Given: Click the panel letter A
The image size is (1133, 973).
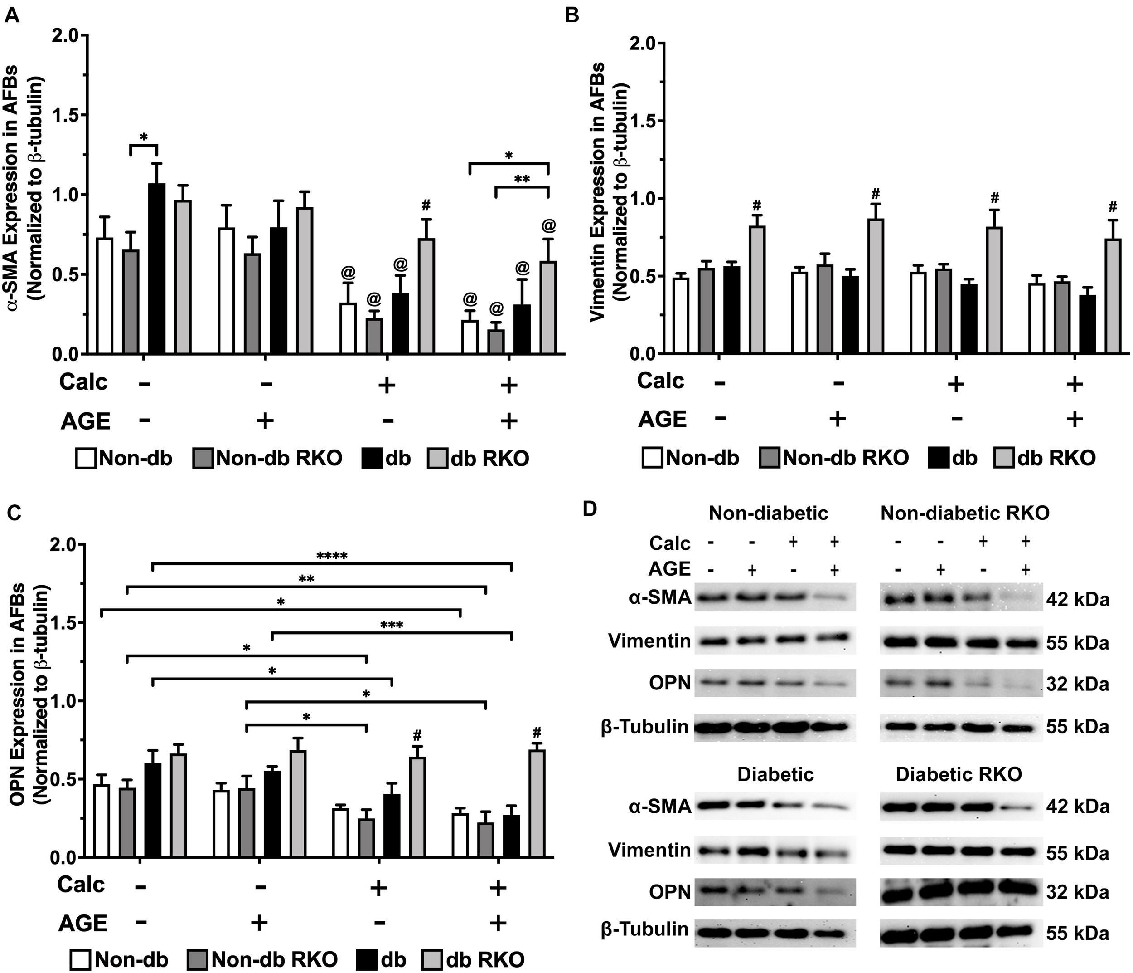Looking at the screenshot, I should pyautogui.click(x=12, y=15).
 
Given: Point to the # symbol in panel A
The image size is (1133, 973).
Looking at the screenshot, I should pyautogui.click(x=426, y=206).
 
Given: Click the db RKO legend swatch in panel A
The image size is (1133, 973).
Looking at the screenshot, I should pyautogui.click(x=436, y=458).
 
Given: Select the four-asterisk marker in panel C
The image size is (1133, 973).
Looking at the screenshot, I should pyautogui.click(x=331, y=557).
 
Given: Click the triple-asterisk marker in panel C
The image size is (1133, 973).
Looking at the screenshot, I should pyautogui.click(x=392, y=626).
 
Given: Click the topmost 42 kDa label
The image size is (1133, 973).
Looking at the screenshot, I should pyautogui.click(x=1078, y=600).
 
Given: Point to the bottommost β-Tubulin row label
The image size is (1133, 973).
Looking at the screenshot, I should pyautogui.click(x=644, y=929).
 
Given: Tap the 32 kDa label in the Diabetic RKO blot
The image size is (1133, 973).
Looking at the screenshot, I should pyautogui.click(x=1078, y=893).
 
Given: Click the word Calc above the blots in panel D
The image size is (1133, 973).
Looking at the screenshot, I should pyautogui.click(x=670, y=543).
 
